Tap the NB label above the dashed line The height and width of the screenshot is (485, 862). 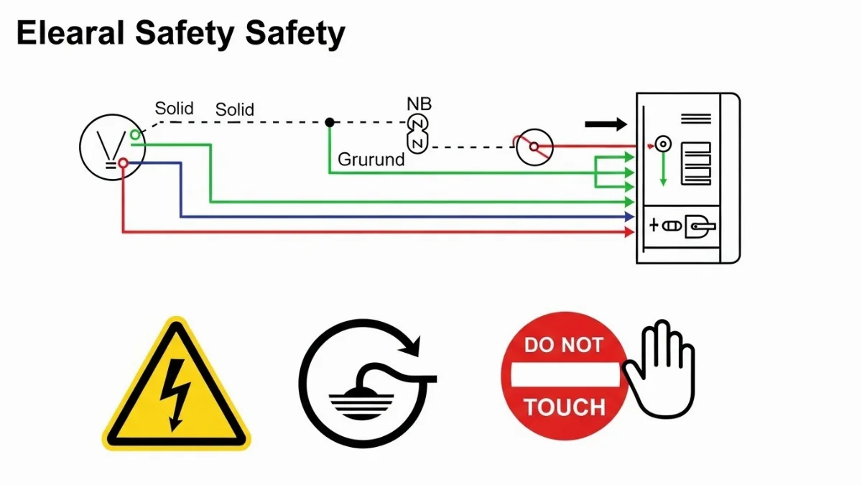coord(419,104)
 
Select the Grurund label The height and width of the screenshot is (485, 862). coord(371,160)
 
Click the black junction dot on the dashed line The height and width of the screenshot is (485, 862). coord(330,122)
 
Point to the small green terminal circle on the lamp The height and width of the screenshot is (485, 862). coord(135,134)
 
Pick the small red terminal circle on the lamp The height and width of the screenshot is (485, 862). coord(123,164)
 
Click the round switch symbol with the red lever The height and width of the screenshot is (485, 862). coord(534,147)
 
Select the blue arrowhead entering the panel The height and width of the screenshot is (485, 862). coord(630,216)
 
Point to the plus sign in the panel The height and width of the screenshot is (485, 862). coord(654,225)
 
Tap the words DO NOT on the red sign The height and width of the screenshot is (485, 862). coord(563,345)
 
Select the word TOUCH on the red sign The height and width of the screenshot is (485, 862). coord(564,407)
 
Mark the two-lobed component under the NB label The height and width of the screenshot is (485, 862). coord(417,133)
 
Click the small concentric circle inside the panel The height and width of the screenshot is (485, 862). coord(663,144)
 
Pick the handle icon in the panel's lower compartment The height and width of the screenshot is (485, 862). coord(700,226)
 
